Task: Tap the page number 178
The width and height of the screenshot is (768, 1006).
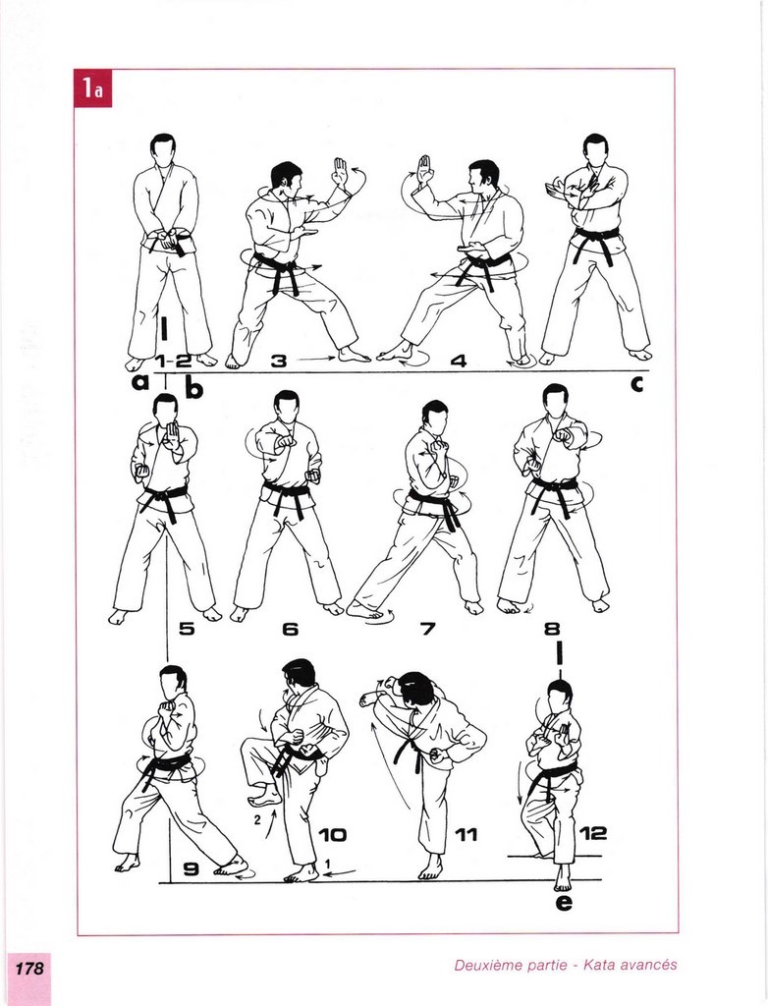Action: click(x=29, y=968)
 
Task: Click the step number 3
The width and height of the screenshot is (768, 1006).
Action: click(x=279, y=361)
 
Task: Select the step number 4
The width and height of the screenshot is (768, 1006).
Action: click(x=458, y=361)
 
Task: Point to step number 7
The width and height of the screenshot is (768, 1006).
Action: click(x=428, y=628)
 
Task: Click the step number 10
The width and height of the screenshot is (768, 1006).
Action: click(x=332, y=835)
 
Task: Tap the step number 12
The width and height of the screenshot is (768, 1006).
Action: click(x=593, y=833)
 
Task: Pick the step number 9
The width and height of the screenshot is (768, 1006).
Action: click(x=192, y=868)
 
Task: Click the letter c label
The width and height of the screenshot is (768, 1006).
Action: click(x=636, y=384)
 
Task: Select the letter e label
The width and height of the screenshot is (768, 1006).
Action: click(x=564, y=902)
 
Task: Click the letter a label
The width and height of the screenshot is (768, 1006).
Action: click(x=139, y=382)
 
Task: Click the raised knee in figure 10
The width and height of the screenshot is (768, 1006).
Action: click(x=252, y=751)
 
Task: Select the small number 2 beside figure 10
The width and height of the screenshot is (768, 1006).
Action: click(x=257, y=819)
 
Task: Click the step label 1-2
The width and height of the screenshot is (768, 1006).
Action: click(x=173, y=361)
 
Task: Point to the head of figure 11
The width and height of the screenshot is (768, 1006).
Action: click(x=417, y=689)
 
